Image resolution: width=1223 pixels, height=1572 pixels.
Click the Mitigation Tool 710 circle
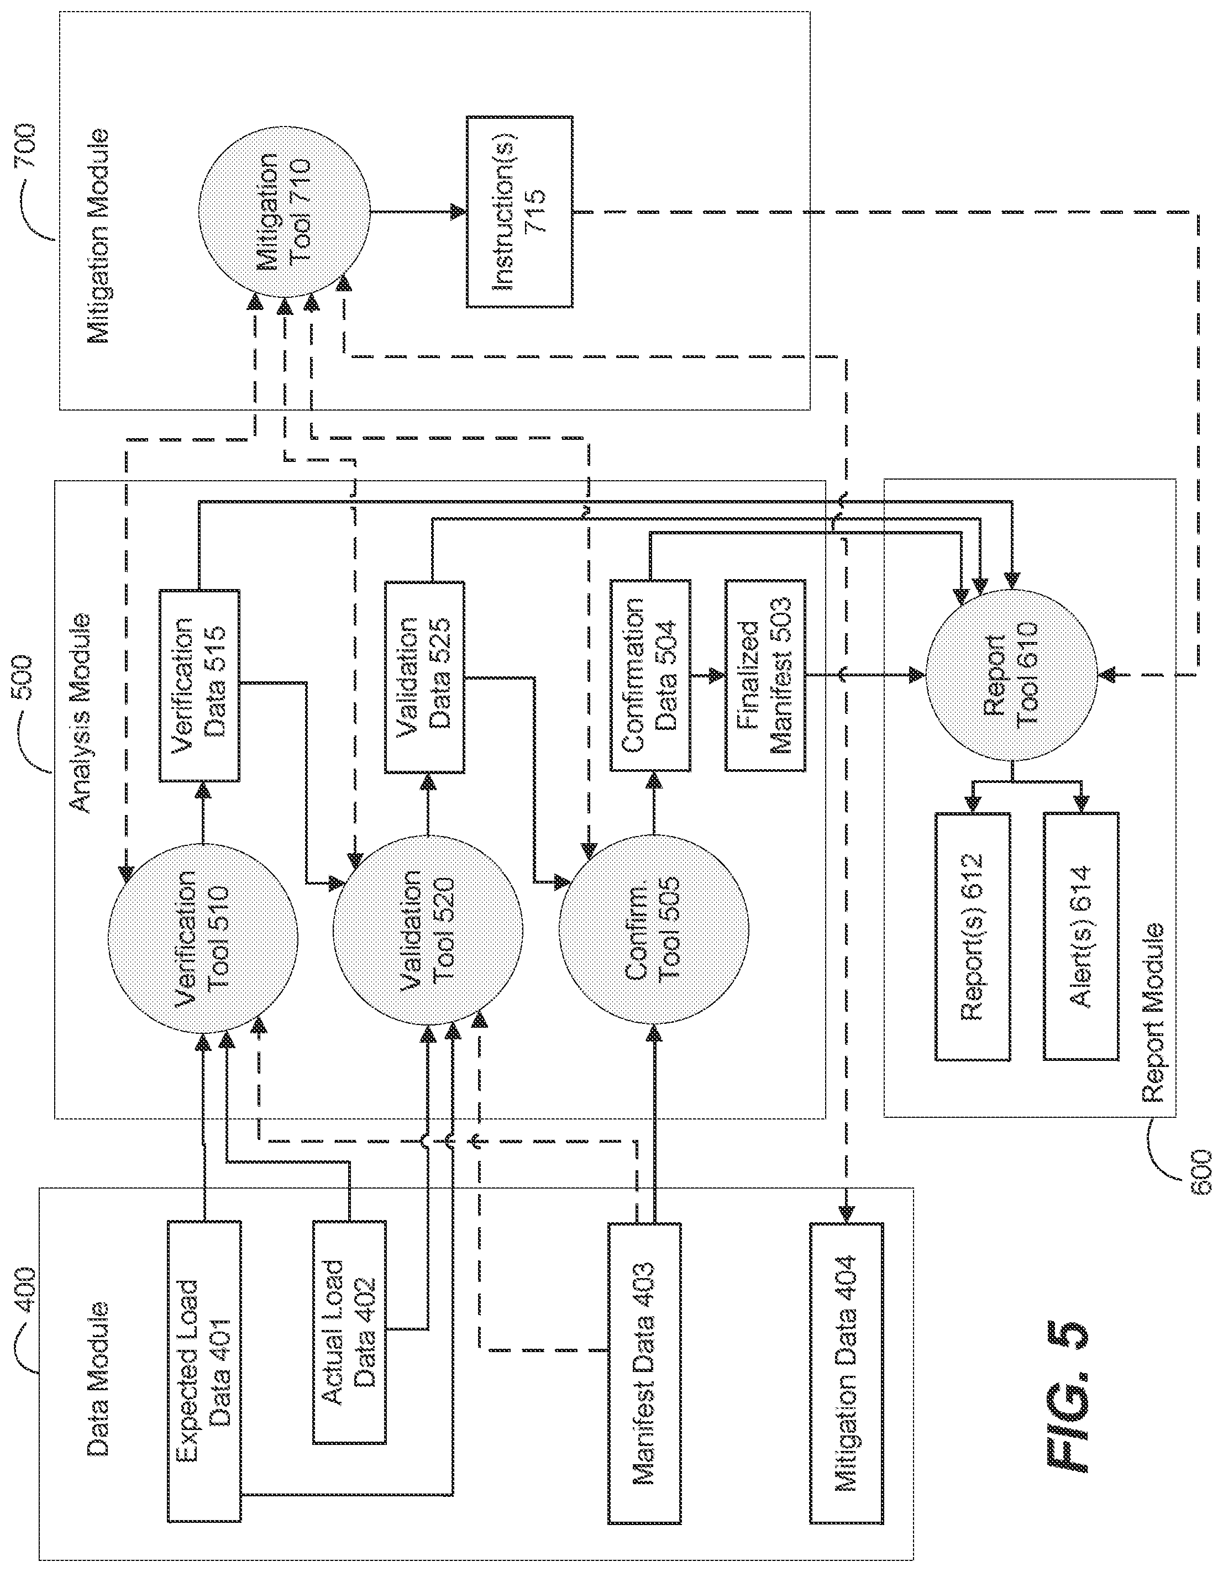(284, 212)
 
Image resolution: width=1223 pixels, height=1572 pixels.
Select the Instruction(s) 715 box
(519, 212)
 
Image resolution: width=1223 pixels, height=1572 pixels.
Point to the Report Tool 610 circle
(1011, 676)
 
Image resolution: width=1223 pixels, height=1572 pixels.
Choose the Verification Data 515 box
(198, 685)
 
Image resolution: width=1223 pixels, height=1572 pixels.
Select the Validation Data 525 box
(424, 677)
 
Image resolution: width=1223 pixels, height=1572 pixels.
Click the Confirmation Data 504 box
(650, 675)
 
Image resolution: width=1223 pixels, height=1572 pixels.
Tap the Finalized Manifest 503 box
(765, 675)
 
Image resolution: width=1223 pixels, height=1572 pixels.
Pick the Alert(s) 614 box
(1081, 935)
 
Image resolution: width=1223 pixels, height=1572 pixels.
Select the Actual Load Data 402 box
(349, 1332)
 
